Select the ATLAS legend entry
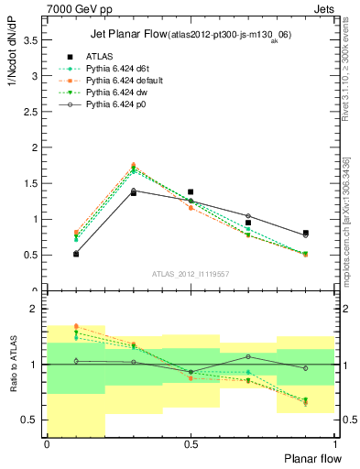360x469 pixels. tap(99, 57)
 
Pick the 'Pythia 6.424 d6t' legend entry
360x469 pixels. tap(117, 69)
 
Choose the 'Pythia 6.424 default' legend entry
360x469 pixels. tap(125, 82)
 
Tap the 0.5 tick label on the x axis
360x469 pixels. tap(191, 443)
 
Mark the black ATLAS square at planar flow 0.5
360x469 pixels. tap(191, 192)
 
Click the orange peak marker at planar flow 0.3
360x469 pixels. tap(134, 165)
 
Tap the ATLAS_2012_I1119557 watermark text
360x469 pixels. tap(191, 274)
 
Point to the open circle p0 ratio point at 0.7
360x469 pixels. tap(248, 356)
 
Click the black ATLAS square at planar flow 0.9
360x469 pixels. tap(306, 233)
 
